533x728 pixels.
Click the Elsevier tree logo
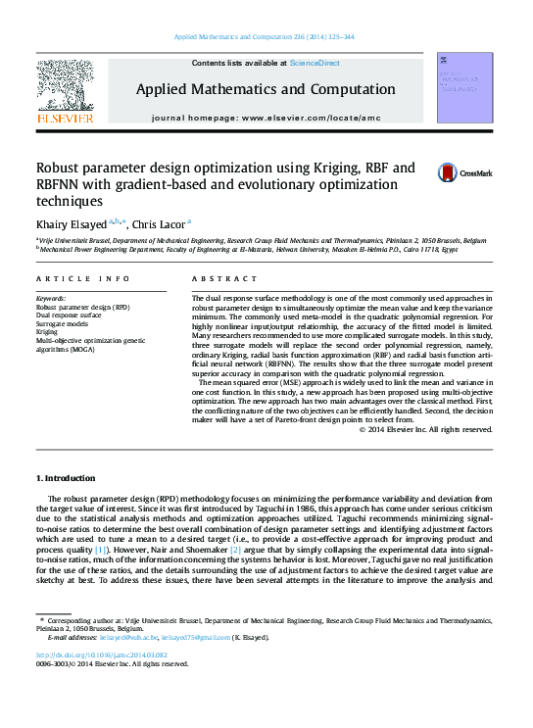(x=65, y=88)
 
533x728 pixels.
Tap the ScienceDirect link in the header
(x=314, y=63)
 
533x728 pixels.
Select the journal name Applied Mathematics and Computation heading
(x=266, y=90)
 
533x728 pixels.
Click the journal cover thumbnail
(x=464, y=88)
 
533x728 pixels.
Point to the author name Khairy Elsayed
(x=72, y=223)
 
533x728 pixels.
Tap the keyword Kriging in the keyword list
(x=48, y=332)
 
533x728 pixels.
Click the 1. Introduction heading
(x=66, y=478)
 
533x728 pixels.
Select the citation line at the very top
(x=265, y=36)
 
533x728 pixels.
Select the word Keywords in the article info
(x=50, y=297)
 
